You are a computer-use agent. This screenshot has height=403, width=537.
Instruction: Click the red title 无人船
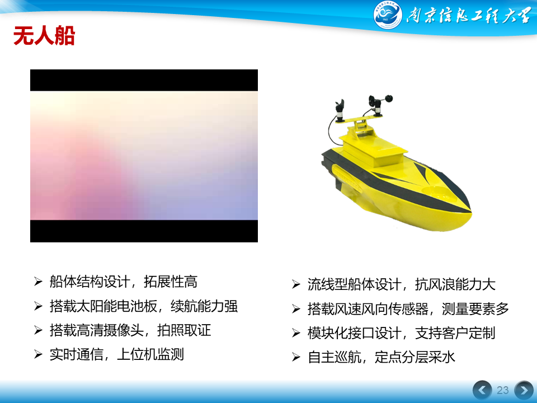(x=44, y=36)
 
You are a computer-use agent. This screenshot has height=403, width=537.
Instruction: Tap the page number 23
(x=502, y=390)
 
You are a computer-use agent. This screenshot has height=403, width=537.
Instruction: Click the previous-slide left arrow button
(x=482, y=390)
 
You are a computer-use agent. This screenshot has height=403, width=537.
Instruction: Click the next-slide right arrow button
(x=524, y=390)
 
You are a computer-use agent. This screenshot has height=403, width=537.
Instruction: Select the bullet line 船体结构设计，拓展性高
(x=123, y=282)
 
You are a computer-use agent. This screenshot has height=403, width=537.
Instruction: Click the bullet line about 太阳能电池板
(x=144, y=306)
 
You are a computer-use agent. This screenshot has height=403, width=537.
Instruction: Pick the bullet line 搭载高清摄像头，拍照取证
(x=130, y=330)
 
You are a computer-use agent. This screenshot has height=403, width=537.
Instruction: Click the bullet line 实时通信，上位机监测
(x=117, y=354)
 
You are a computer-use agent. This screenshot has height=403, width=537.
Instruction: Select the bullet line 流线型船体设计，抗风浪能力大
(x=402, y=284)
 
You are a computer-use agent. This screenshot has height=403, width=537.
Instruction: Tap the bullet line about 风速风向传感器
(x=408, y=309)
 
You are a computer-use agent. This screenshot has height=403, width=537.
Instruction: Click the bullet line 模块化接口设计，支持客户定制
(x=402, y=333)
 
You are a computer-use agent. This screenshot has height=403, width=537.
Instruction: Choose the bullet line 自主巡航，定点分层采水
(x=381, y=357)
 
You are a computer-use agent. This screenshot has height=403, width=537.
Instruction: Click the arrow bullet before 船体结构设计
(x=38, y=282)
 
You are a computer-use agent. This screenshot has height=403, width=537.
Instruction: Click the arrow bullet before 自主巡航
(x=296, y=357)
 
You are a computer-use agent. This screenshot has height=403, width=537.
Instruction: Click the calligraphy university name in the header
(x=469, y=16)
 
